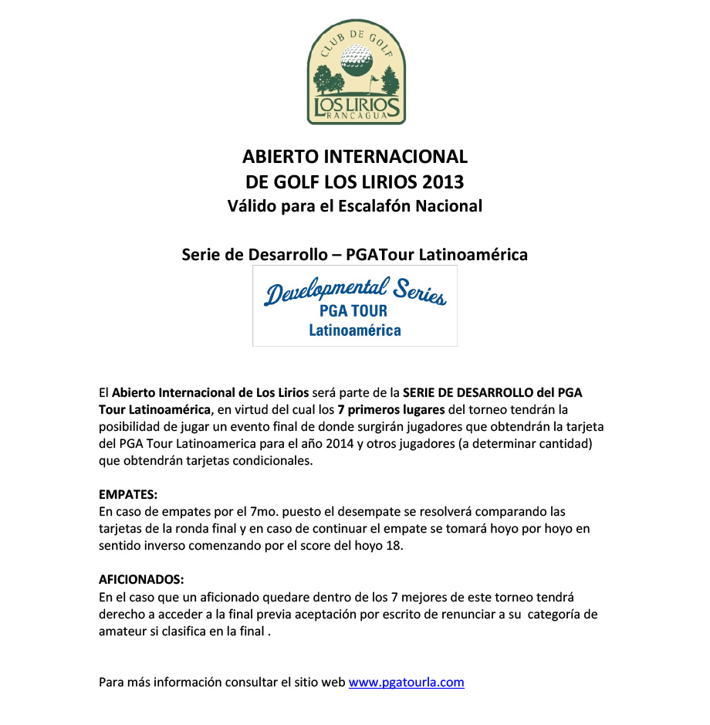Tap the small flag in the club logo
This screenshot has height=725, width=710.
(x=376, y=79)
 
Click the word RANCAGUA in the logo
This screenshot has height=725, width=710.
(x=356, y=116)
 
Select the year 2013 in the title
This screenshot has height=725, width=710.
(x=443, y=182)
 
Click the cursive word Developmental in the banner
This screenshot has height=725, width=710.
(x=324, y=292)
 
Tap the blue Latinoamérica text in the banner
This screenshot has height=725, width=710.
(x=355, y=330)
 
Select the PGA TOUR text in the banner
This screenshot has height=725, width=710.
(x=353, y=312)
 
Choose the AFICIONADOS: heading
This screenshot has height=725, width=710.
(x=142, y=579)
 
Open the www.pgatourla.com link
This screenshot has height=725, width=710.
(x=406, y=682)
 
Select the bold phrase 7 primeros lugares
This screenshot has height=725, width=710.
(x=390, y=409)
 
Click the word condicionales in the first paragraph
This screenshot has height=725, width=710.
(x=272, y=461)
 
